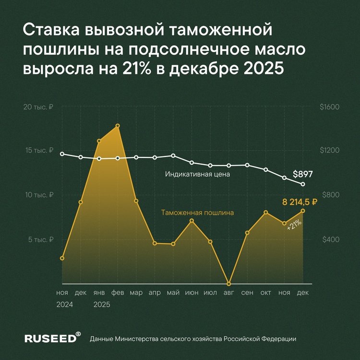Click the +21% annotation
click(294, 225)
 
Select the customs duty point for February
click(118, 126)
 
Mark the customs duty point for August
click(229, 283)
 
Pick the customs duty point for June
click(192, 221)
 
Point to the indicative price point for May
click(173, 156)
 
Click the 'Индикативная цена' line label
click(198, 174)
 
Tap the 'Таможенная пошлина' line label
click(197, 212)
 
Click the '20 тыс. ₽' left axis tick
click(38, 107)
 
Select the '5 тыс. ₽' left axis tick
click(40, 240)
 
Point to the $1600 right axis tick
click(329, 107)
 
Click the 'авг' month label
click(229, 292)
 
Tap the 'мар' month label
click(136, 292)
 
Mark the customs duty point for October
click(265, 212)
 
